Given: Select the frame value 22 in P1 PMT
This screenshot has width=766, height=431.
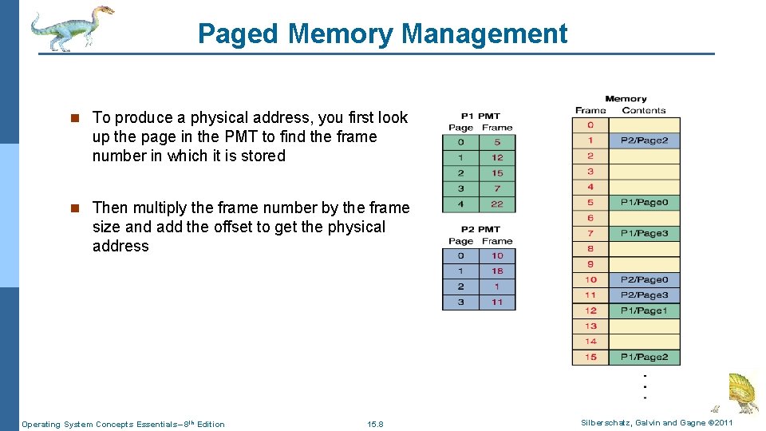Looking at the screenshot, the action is coord(497,204).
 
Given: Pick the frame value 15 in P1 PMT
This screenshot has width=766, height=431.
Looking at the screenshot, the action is coord(497,172).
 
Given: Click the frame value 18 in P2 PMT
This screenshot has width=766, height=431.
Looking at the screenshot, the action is coord(497,271).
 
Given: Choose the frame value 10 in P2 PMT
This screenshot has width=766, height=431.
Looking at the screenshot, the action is coord(497,255).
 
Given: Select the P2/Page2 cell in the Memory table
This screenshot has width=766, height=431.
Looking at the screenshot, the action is coord(644,140).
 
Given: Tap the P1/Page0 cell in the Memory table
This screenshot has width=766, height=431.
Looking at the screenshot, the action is coord(644,203).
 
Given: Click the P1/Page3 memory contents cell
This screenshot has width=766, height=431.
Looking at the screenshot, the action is coord(644,233).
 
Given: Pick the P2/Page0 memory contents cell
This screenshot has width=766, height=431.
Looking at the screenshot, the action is coord(644,280).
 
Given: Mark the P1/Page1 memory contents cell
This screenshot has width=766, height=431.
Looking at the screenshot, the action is coord(644,310).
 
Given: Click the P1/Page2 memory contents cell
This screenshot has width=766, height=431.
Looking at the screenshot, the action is coord(644,357).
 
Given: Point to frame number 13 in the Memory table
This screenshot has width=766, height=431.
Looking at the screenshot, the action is coord(590,326).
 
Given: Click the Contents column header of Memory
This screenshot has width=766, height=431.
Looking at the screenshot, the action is coord(643,110).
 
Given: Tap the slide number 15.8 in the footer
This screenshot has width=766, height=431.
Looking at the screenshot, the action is coord(375,424).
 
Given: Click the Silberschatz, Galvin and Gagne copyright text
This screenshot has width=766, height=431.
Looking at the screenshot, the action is coord(657,423).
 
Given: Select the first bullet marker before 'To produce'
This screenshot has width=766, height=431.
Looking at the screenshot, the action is coord(74,118).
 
